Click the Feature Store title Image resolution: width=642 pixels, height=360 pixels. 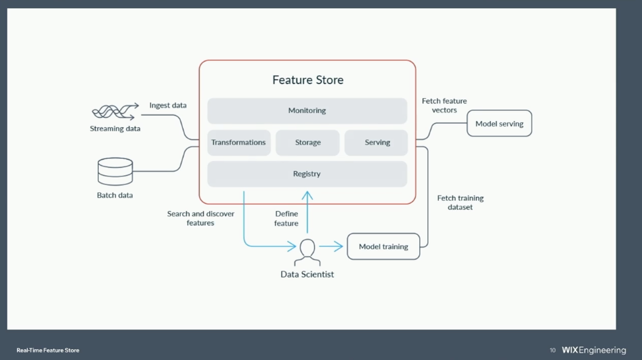coord(307,80)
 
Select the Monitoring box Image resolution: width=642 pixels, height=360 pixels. coord(307,111)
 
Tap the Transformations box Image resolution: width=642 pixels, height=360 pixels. coord(238,143)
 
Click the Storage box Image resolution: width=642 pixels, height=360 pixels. coord(307,143)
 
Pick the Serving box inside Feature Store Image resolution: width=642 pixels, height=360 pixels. coord(377,143)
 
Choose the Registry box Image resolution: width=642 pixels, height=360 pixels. coord(307,174)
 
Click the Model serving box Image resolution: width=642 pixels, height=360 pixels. coord(499,124)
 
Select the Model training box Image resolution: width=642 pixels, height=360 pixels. coord(383,247)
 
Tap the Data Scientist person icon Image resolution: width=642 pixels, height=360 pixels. coord(307,252)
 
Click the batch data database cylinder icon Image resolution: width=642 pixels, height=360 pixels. coord(115,172)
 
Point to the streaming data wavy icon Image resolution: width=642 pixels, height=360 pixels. coord(113,112)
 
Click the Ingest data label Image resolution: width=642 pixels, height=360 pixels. coord(168,106)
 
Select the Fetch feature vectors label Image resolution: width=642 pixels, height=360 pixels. coord(444,106)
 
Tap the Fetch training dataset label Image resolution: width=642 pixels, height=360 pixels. coord(461,202)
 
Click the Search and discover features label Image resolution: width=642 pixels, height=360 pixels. coord(200,218)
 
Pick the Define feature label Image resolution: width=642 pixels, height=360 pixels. coord(286,219)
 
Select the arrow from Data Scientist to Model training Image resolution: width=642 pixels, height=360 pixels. coord(331,247)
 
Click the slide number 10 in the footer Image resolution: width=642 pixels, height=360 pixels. coord(553,351)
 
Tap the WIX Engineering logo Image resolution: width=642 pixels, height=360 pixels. coord(594,351)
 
